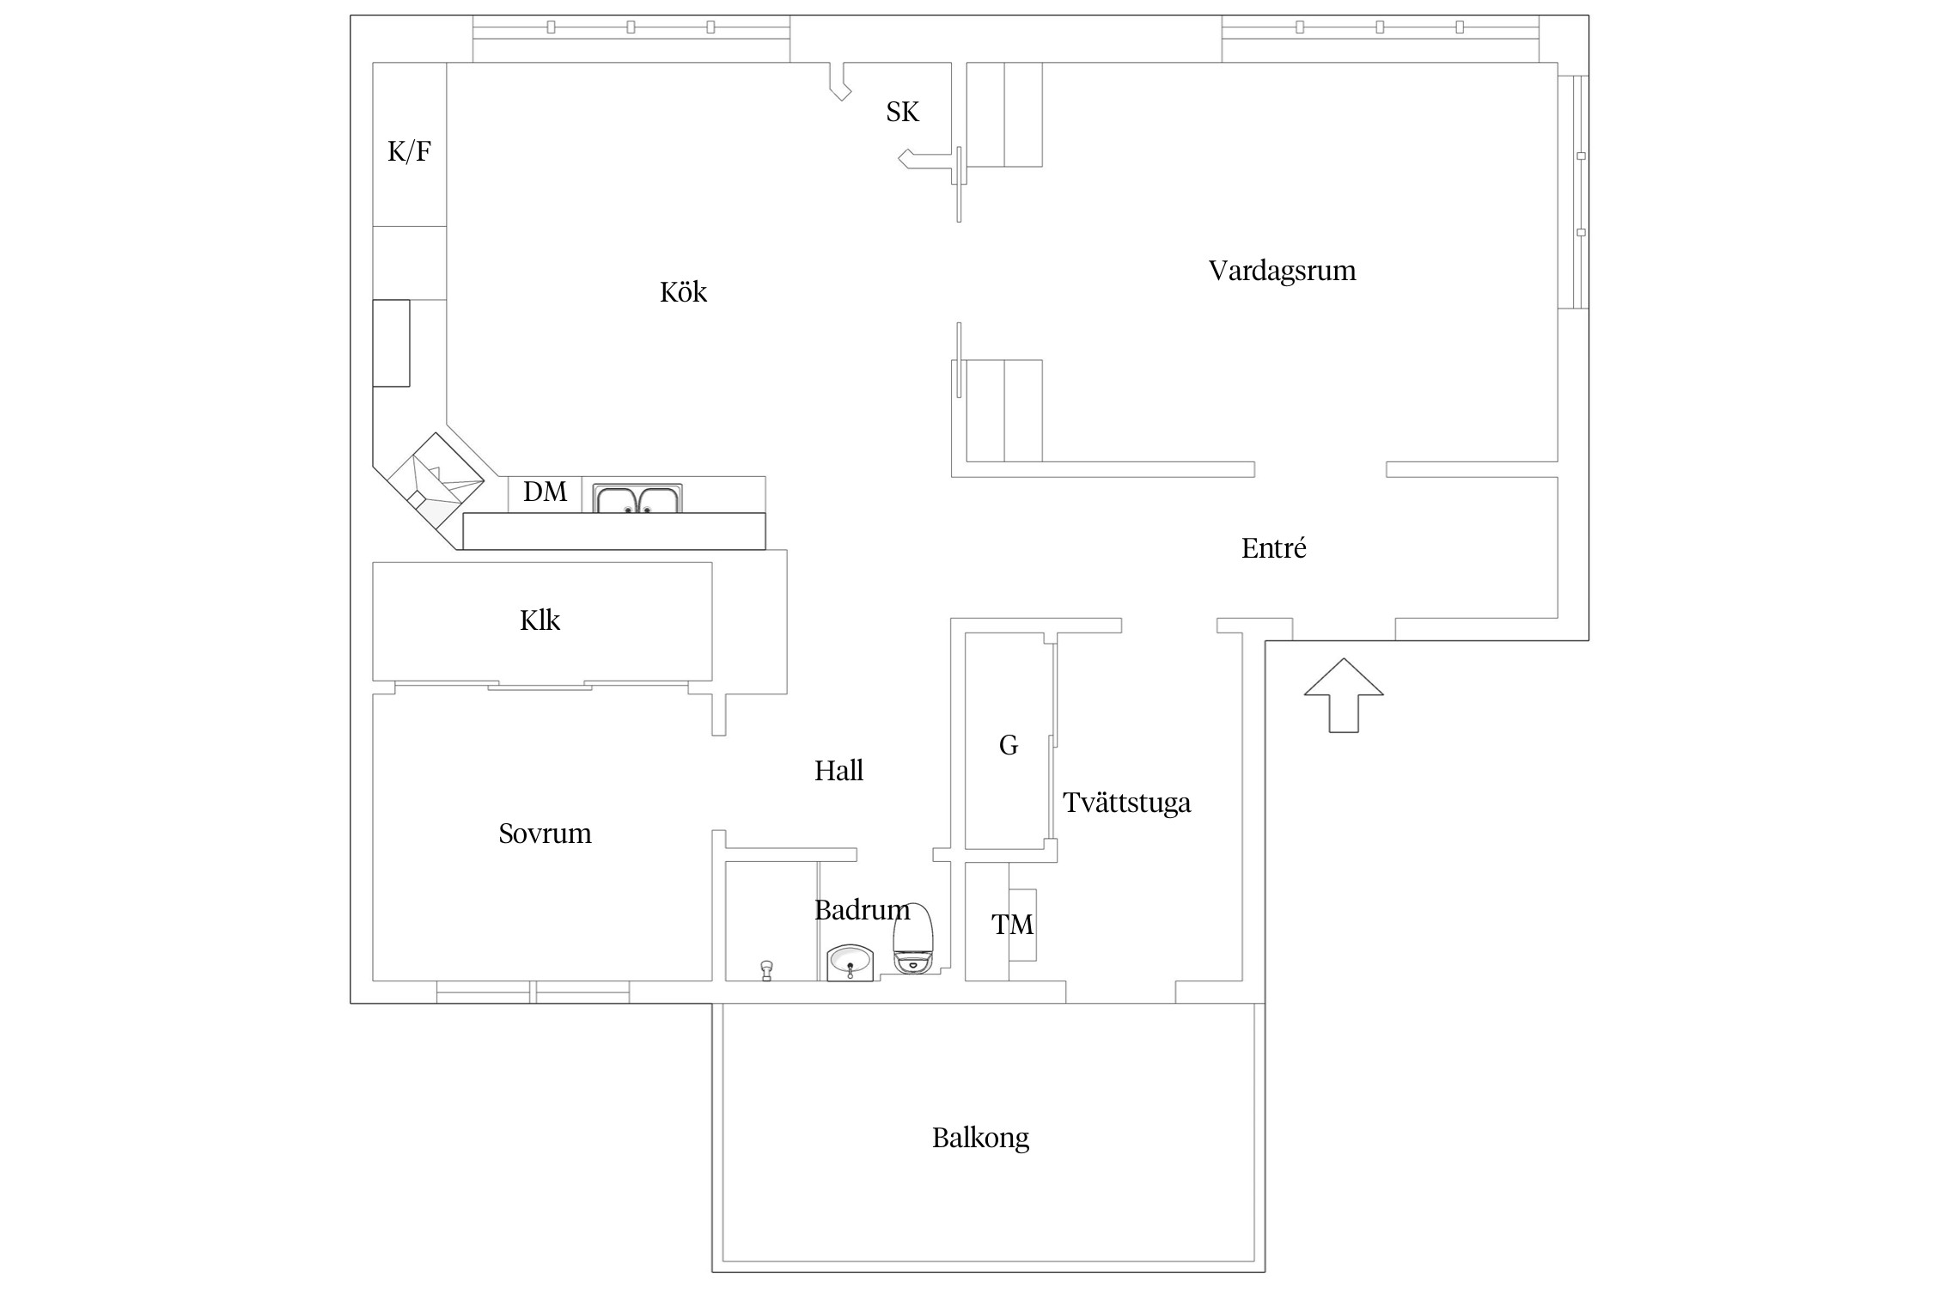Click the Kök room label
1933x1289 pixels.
click(x=683, y=292)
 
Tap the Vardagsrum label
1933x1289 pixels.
click(x=1282, y=271)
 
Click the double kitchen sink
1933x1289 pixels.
click(x=637, y=499)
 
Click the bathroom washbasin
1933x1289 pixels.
click(x=851, y=962)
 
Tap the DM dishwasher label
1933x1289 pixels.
click(x=545, y=492)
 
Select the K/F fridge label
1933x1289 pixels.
click(x=409, y=152)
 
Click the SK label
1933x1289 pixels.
click(x=902, y=112)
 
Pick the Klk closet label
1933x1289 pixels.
click(x=540, y=620)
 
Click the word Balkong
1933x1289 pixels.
click(x=980, y=1138)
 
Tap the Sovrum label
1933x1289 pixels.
click(x=545, y=834)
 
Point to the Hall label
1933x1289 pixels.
click(x=838, y=771)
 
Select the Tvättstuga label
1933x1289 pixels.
click(x=1126, y=803)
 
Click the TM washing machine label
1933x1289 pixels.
click(x=1012, y=925)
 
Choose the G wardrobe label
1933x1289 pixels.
click(x=1009, y=745)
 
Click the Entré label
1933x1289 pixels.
click(x=1273, y=548)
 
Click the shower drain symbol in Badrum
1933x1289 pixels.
click(x=766, y=969)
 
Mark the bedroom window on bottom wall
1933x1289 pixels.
click(x=533, y=992)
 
